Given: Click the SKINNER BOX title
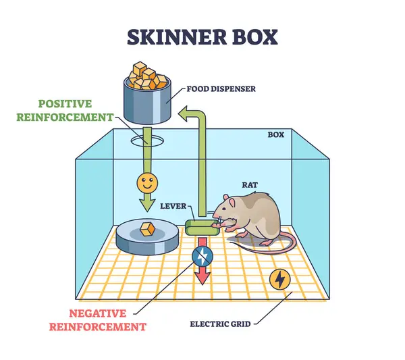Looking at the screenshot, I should coord(202,36).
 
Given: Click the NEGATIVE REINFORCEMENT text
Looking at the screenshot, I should coord(107,320).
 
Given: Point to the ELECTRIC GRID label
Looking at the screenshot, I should coord(219,324).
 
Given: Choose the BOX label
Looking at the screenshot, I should coord(275,134).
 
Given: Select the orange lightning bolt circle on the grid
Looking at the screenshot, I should coord(279,278).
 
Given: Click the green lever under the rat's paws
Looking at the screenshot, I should coord(200,226).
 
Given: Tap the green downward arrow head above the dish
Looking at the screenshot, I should coord(146,203).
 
